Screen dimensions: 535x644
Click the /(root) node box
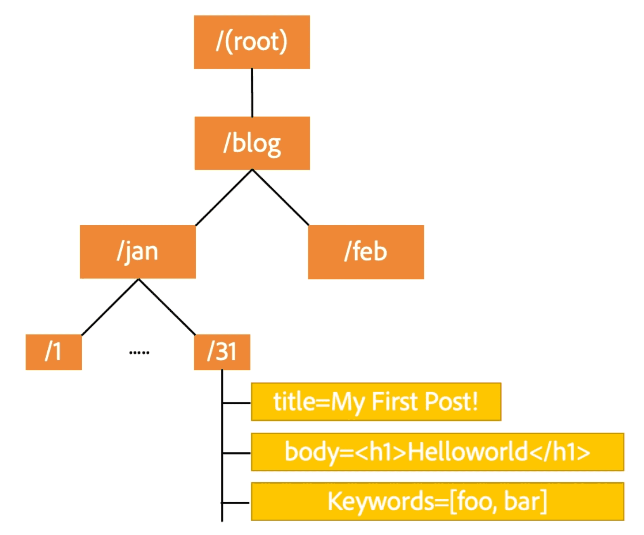click(x=252, y=42)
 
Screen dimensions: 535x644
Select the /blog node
click(x=252, y=143)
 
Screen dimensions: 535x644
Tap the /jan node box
click(x=138, y=252)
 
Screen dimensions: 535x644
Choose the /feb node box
click(x=366, y=252)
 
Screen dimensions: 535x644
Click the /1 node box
click(x=54, y=352)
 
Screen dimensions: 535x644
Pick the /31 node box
click(x=222, y=352)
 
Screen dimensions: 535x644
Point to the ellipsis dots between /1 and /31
click(x=139, y=352)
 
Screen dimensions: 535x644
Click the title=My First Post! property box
click(x=376, y=402)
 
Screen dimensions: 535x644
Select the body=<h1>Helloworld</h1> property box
click(x=437, y=452)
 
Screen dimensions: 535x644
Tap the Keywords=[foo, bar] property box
click(x=437, y=501)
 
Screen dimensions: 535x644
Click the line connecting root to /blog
click(x=252, y=93)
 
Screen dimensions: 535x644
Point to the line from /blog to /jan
click(x=224, y=197)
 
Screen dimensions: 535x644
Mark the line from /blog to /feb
click(x=280, y=197)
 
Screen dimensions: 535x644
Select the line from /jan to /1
click(x=110, y=307)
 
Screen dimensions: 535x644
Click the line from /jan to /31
click(x=167, y=307)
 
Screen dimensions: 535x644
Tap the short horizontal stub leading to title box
click(x=237, y=403)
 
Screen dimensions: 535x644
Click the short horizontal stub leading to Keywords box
click(x=236, y=503)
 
